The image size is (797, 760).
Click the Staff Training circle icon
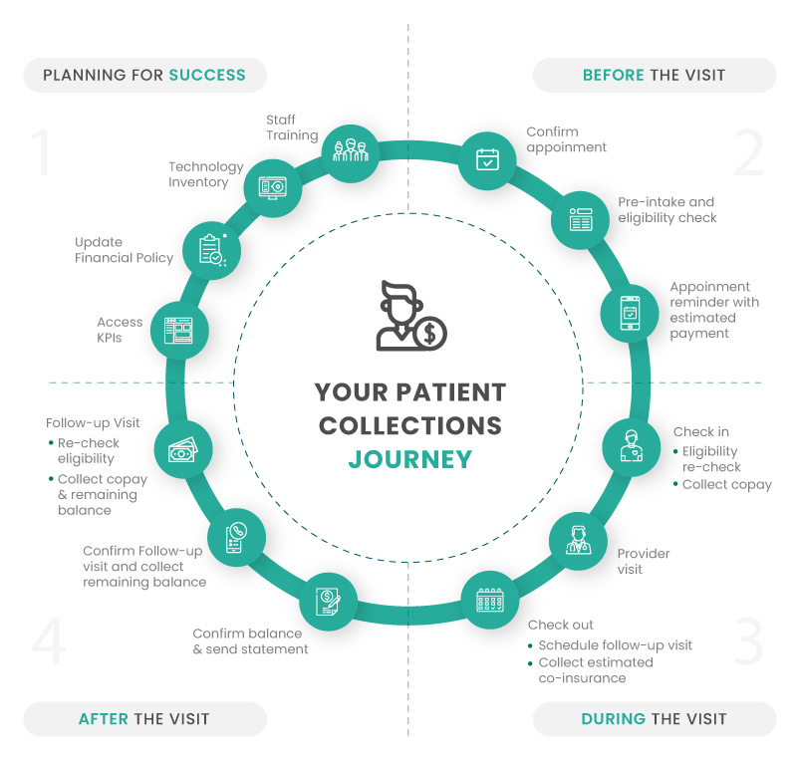[350, 152]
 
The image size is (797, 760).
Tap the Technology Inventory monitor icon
[273, 185]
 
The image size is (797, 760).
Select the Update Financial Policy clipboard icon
[213, 249]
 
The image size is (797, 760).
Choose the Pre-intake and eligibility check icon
[581, 219]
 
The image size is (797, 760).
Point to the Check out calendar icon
[490, 599]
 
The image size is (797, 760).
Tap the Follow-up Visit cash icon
[183, 450]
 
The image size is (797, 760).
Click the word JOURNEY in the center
[409, 460]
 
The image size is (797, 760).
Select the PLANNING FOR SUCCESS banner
[144, 75]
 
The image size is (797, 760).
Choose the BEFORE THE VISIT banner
[654, 75]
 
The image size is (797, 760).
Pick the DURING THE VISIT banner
[654, 718]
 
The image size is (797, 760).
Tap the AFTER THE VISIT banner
[144, 718]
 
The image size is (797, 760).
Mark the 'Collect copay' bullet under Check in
[726, 484]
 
